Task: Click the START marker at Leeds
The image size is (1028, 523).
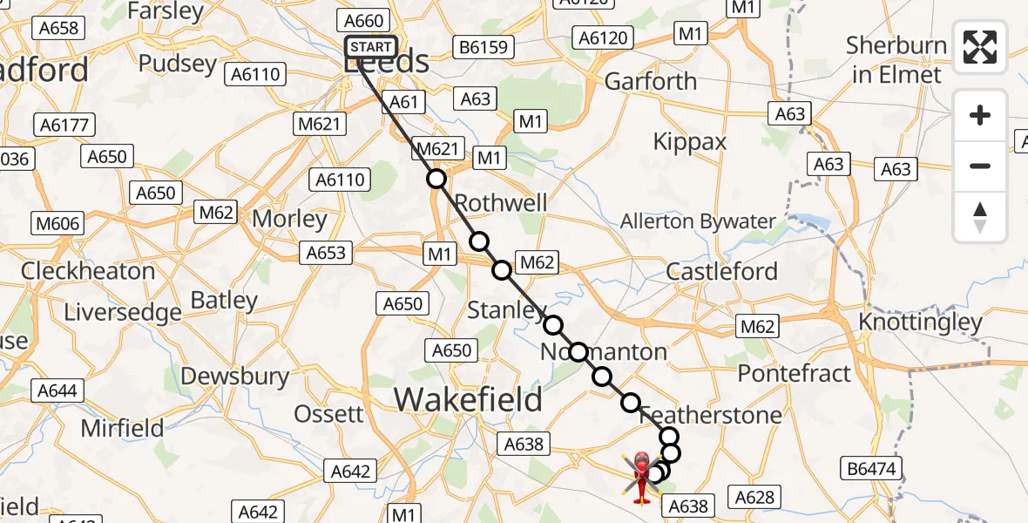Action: [371, 47]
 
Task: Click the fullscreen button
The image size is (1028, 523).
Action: [980, 47]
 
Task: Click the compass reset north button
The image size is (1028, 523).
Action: [980, 217]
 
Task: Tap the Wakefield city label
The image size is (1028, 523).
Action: [468, 400]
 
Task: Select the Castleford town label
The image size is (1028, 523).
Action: [721, 271]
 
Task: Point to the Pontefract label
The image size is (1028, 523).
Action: [794, 374]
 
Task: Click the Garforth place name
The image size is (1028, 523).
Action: [650, 82]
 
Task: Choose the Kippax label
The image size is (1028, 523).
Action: [689, 142]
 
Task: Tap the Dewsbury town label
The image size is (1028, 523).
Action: [235, 377]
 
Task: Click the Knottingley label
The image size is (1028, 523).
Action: [920, 323]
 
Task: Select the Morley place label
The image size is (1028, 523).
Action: [289, 219]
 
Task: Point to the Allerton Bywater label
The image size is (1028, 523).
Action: [697, 221]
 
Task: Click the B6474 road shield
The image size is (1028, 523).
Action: [871, 469]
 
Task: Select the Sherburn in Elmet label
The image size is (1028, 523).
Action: [896, 60]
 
